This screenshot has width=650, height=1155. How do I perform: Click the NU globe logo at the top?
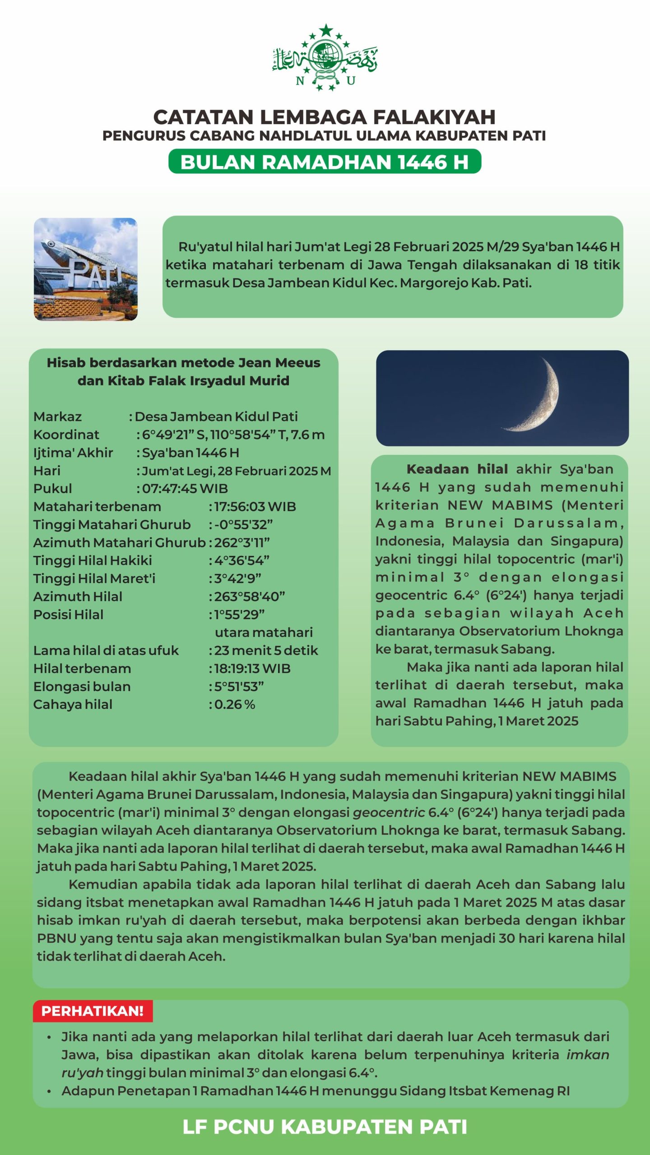[325, 58]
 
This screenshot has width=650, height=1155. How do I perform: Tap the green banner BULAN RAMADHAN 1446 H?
[325, 162]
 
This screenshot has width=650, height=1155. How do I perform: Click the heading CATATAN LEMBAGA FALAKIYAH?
[325, 117]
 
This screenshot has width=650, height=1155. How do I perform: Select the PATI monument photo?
[86, 269]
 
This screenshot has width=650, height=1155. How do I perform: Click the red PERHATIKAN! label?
[93, 1011]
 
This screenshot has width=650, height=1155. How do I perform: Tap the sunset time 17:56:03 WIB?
[255, 507]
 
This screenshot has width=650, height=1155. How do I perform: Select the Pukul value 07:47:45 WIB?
[185, 489]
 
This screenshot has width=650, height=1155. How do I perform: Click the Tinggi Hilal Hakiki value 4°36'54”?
[242, 560]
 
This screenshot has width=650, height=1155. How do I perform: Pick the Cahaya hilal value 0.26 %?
[235, 704]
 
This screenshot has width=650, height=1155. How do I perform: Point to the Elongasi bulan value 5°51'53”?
[239, 686]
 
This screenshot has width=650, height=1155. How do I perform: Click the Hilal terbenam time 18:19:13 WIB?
[252, 668]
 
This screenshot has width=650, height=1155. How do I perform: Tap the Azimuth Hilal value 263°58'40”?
[250, 596]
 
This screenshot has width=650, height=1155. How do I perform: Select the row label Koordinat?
[66, 434]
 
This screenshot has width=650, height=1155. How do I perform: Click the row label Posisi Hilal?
[69, 614]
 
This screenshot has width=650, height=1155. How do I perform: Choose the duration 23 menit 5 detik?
[266, 650]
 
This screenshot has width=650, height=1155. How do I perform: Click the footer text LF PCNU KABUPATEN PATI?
[325, 1127]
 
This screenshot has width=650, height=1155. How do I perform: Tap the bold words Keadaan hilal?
[457, 469]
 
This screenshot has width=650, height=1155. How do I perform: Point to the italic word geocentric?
[389, 812]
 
